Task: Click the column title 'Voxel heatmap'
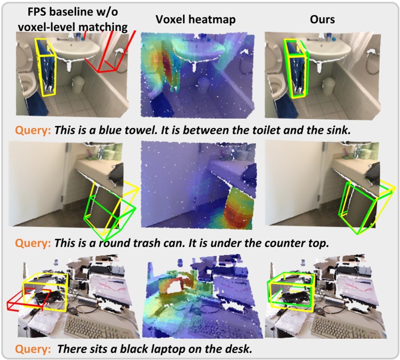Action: click(196, 20)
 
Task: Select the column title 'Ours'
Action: click(322, 20)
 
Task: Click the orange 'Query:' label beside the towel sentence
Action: click(33, 131)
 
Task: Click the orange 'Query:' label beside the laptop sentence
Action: click(33, 349)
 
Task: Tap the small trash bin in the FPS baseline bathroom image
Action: click(78, 84)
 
